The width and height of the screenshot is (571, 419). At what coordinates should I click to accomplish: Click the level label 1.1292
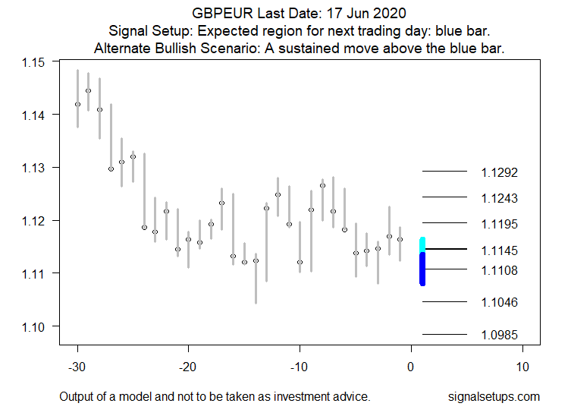[x=499, y=172]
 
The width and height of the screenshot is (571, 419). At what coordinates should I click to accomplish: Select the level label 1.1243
[x=499, y=198]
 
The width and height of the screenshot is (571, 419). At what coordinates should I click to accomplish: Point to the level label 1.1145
[x=499, y=250]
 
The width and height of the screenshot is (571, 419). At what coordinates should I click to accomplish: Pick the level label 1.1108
[x=499, y=270]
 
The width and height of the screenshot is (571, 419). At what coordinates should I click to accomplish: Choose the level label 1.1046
[x=499, y=303]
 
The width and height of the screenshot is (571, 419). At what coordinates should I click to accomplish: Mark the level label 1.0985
[x=499, y=335]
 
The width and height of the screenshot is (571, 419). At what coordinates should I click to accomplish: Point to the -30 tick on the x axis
[x=77, y=367]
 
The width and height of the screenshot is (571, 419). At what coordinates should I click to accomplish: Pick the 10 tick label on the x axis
[x=522, y=367]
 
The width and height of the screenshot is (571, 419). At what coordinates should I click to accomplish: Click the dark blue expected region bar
[x=422, y=269]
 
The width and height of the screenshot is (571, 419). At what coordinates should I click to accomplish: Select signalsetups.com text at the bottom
[x=494, y=396]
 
